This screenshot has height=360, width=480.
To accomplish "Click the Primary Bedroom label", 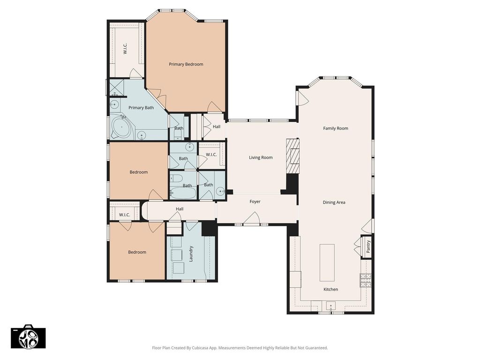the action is [x=186, y=64].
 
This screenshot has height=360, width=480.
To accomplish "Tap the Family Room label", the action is [x=336, y=128].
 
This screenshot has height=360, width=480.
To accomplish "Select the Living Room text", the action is [x=261, y=157].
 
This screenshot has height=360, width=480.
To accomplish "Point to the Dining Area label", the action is [x=334, y=202].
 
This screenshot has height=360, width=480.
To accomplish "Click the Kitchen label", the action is [x=330, y=289].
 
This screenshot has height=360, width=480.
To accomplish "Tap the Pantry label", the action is [x=368, y=247].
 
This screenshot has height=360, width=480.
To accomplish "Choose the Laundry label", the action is [x=191, y=254].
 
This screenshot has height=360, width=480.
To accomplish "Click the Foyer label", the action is [x=255, y=202].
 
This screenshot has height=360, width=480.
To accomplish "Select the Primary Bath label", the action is [x=141, y=108].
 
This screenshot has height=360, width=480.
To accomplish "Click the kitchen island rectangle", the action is [x=327, y=262].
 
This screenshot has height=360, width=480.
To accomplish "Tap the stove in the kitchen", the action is [x=365, y=280].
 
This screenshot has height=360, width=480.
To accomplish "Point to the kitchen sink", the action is [x=330, y=306].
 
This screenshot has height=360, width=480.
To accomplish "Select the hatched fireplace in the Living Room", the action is [x=293, y=156].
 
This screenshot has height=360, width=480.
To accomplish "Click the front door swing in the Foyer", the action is [x=252, y=218].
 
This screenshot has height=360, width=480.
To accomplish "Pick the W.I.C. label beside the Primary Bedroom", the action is [x=125, y=49].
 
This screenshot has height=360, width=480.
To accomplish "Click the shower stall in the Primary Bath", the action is [x=117, y=88].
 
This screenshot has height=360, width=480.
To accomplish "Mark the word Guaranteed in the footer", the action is [x=318, y=348].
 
